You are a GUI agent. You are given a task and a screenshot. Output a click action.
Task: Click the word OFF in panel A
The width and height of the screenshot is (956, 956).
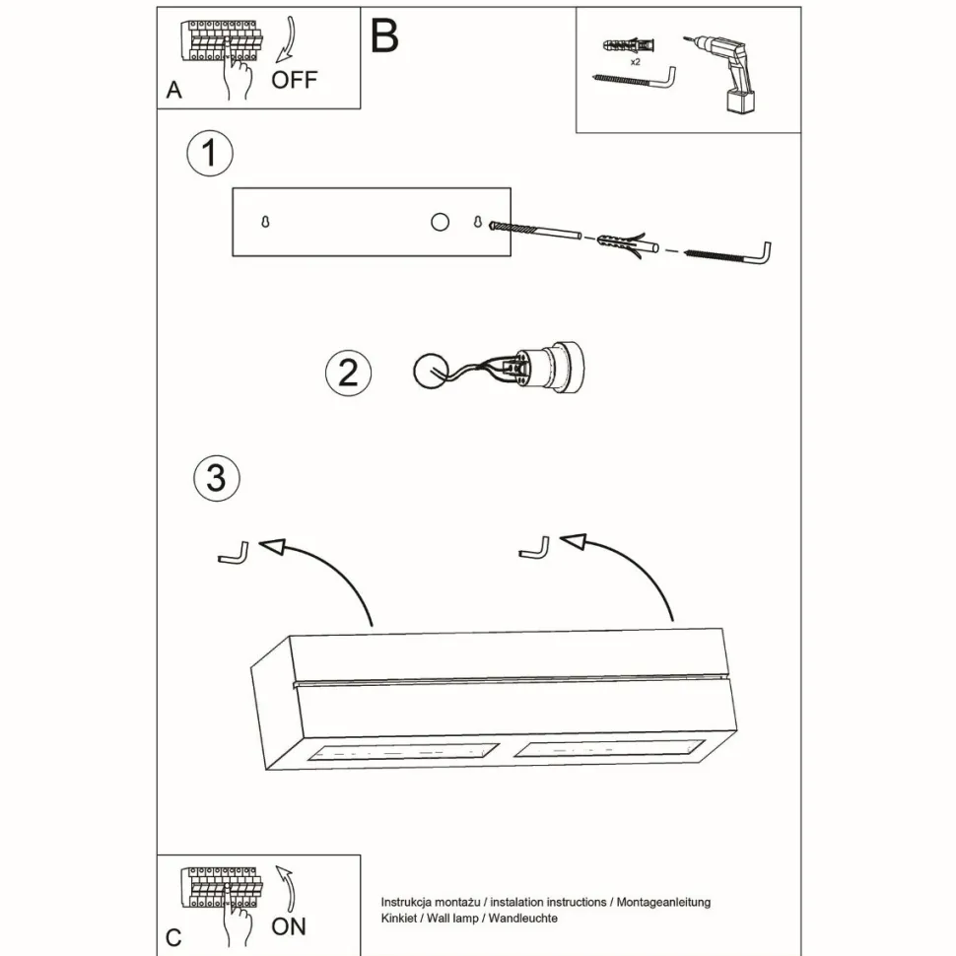[x=295, y=80]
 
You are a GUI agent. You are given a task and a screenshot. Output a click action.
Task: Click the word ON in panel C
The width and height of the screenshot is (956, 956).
[x=289, y=925]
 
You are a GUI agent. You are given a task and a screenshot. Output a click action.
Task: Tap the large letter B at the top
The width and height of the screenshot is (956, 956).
[x=384, y=35]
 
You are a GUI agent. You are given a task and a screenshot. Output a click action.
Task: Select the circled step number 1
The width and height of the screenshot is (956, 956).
[x=209, y=155]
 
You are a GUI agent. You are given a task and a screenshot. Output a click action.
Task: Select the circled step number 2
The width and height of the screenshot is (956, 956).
[x=348, y=373]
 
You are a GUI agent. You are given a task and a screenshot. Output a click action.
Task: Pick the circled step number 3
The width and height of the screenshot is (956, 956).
[x=217, y=478]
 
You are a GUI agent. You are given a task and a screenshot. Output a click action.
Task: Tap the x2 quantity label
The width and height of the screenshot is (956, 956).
[x=637, y=61]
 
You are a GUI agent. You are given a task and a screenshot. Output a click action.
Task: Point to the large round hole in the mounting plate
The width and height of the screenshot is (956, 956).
[x=440, y=223]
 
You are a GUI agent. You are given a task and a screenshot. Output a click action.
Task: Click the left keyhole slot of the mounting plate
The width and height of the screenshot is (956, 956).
[x=266, y=223]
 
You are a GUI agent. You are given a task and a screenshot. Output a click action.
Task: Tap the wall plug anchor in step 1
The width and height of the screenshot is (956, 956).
[x=625, y=242]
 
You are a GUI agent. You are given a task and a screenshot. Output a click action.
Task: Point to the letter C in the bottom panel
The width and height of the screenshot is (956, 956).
[x=173, y=936]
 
